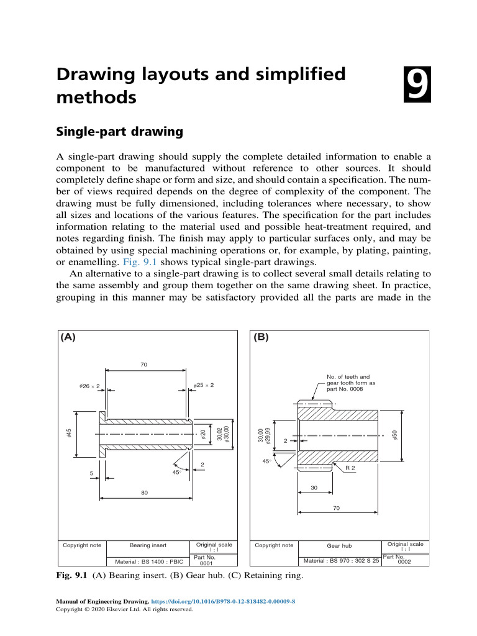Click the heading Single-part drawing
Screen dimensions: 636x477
pos(119,132)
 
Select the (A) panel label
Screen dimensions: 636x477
pos(68,337)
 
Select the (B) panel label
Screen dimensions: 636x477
pos(261,337)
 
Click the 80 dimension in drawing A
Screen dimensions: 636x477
pos(144,492)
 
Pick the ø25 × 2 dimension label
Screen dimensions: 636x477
pos(204,386)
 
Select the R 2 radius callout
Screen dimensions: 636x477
pos(350,468)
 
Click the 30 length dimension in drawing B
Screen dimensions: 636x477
pos(314,488)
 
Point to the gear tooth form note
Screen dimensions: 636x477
pos(351,383)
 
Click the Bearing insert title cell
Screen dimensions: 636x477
pos(148,545)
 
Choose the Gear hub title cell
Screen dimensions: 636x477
pos(339,546)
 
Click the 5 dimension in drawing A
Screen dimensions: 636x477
pos(91,474)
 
